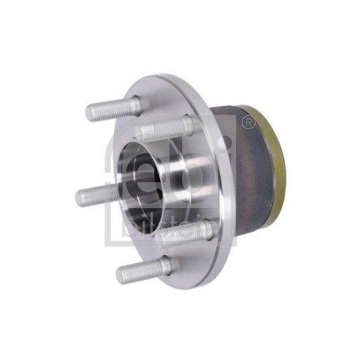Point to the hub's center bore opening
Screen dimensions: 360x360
point(140,173)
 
